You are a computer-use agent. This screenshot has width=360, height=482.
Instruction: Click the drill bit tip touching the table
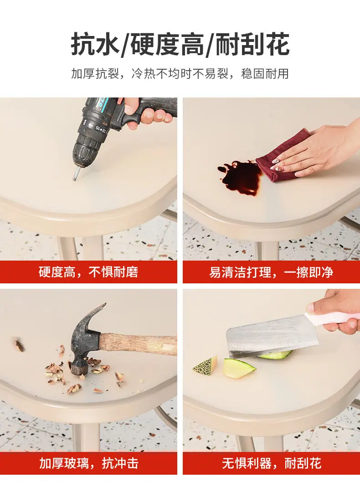(75, 179)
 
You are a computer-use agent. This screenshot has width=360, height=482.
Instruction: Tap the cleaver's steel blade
(271, 337)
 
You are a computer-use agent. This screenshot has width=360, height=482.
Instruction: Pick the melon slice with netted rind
(206, 365)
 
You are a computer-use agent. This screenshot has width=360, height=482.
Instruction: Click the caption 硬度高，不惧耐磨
(88, 272)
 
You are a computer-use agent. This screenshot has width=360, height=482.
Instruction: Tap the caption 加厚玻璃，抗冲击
(88, 463)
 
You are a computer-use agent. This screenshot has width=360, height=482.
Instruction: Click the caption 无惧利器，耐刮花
(271, 463)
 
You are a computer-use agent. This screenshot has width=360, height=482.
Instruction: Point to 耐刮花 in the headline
(252, 45)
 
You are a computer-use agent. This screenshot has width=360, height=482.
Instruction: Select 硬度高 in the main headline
(167, 45)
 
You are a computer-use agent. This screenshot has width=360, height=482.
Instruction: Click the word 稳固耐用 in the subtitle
(265, 74)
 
